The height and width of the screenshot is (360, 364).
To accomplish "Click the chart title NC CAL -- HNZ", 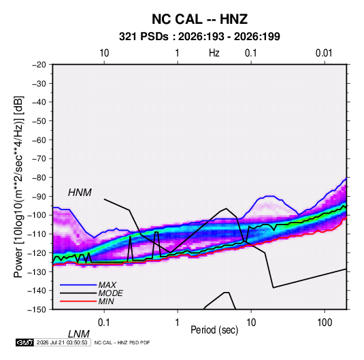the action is point(199,19).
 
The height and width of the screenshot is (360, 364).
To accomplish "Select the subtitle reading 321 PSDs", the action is point(144,37).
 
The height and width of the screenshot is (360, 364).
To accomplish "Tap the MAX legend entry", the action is point(107,285).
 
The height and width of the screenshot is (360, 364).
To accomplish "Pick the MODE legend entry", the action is point(110,293).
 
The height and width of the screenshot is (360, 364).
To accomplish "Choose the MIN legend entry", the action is point(106,301).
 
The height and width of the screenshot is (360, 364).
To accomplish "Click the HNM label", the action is point(80,193).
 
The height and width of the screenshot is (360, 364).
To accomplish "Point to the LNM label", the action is point(78,334).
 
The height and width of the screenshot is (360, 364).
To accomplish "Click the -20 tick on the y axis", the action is point(39,65).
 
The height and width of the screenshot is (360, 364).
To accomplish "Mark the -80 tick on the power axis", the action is point(39,178).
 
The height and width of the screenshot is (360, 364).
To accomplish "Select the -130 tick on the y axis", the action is point(37,272).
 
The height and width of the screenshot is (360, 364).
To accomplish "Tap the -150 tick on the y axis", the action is point(37,310).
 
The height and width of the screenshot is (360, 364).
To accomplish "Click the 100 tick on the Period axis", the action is point(325,323).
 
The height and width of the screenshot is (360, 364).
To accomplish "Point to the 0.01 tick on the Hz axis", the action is point(324,53).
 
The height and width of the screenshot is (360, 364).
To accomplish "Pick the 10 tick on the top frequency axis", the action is point(104,53).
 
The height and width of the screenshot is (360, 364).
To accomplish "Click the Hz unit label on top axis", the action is point(214,53).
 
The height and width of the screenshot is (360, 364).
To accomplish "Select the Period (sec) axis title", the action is point(214,330).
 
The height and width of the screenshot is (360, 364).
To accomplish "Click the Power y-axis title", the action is point(18,186).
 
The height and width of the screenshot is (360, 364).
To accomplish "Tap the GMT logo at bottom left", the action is point(24,342).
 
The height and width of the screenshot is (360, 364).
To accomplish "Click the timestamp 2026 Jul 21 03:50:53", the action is point(62,342).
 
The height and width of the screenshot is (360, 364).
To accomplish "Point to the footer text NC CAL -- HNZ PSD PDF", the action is point(122,342).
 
